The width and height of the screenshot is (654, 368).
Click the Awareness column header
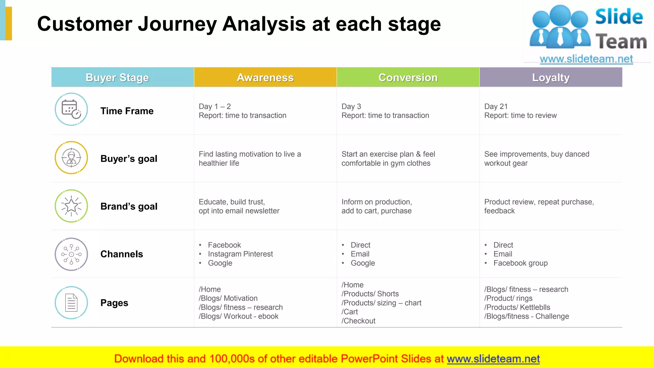265,77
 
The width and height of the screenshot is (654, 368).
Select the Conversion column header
408,77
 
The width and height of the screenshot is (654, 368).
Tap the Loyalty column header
551,77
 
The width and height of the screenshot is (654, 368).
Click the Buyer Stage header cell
117,77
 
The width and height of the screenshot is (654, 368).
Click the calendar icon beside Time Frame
71,109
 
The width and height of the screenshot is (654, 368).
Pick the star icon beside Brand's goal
71,206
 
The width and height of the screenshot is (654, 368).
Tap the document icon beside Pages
71,303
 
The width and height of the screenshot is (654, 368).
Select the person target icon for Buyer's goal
71,158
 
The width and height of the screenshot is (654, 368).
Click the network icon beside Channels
71,254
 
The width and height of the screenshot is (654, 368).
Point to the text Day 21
496,106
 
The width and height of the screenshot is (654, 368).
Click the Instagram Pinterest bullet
240,254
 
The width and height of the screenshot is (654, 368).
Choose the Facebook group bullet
520,263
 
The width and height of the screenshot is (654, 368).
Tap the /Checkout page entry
358,321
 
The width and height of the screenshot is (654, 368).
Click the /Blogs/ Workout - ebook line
238,316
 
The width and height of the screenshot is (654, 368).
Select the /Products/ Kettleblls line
517,307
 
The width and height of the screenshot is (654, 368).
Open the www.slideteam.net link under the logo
586,59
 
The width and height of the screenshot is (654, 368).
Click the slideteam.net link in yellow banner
493,359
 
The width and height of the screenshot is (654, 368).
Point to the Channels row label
121,254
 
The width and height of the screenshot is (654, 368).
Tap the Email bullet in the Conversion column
360,254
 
